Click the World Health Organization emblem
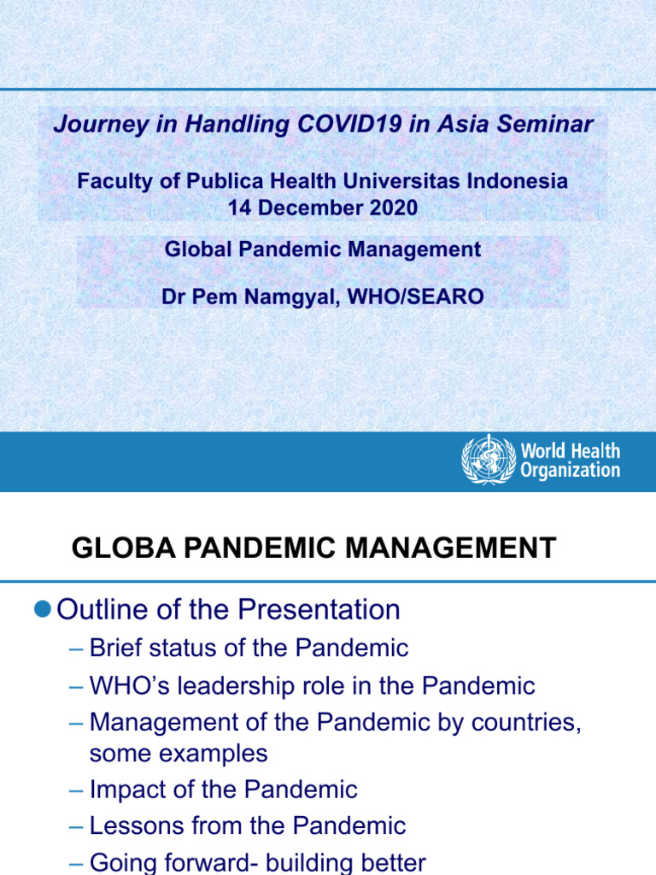489,460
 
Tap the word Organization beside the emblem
570,470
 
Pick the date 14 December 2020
323,208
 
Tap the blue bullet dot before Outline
44,608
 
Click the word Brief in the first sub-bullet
119,648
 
